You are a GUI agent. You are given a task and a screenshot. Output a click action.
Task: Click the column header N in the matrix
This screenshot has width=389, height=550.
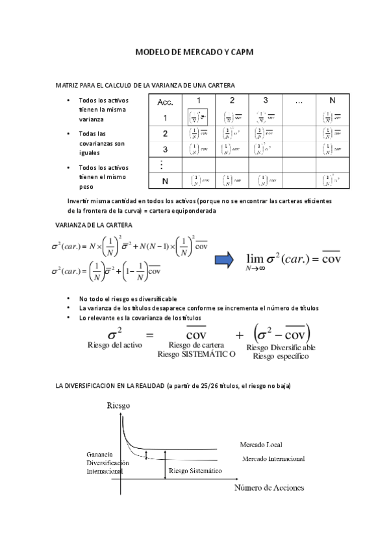tap(332, 101)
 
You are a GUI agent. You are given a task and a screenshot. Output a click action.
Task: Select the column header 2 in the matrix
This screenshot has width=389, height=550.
tap(232, 101)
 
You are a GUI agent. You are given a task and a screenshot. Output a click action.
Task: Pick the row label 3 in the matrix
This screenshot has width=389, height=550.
tap(165, 149)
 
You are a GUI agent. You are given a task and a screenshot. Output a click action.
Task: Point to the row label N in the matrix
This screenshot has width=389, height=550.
tap(165, 180)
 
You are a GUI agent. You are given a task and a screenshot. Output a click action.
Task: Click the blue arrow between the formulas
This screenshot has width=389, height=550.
tap(225, 260)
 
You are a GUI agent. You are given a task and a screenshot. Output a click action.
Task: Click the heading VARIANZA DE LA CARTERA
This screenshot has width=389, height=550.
tap(95, 224)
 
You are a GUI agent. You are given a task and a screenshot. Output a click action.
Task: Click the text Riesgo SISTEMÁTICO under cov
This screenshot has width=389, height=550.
tap(196, 355)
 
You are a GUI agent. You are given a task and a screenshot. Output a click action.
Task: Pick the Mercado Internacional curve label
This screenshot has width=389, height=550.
tap(273, 459)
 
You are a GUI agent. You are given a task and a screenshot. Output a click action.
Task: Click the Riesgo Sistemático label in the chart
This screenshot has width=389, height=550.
tap(195, 470)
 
